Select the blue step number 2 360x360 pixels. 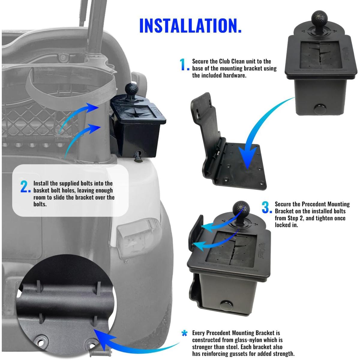(x=25, y=187)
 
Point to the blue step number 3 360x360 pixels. (x=266, y=208)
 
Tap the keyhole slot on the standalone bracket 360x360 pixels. (x=199, y=114)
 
